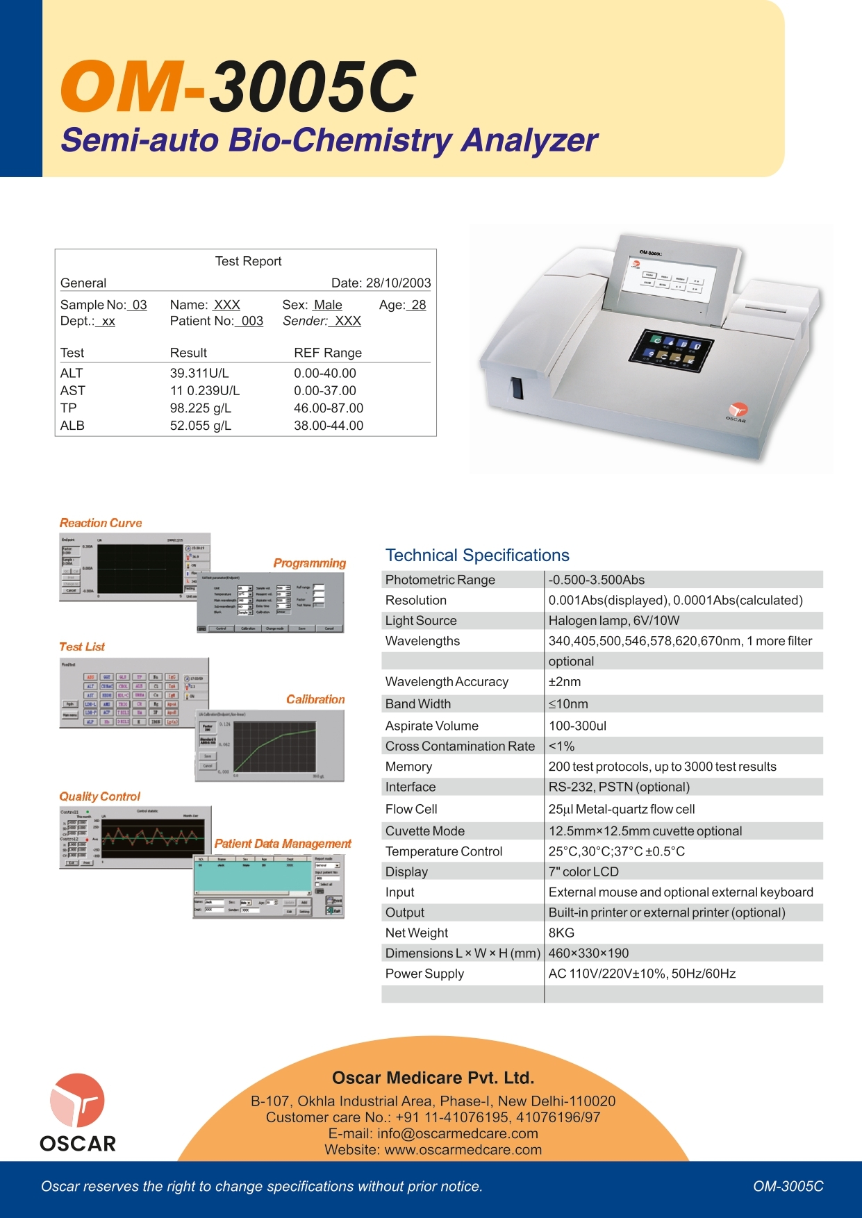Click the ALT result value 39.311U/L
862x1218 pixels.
click(199, 373)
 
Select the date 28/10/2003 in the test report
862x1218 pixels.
click(398, 283)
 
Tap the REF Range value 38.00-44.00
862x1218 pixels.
click(329, 425)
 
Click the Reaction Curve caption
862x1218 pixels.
click(101, 523)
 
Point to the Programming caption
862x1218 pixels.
click(309, 563)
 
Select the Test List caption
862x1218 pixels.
click(82, 646)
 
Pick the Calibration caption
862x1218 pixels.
click(315, 699)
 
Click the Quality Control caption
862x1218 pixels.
click(100, 796)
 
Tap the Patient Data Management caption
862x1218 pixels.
click(283, 844)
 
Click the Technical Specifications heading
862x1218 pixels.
click(477, 556)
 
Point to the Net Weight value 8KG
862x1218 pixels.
click(561, 933)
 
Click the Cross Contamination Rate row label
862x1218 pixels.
click(460, 746)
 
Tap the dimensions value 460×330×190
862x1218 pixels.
click(588, 953)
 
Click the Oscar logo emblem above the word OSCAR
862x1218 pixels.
click(77, 1101)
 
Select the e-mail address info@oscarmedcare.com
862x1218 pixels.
click(458, 1133)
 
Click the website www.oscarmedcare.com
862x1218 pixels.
click(463, 1149)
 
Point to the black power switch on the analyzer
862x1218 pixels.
click(517, 387)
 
